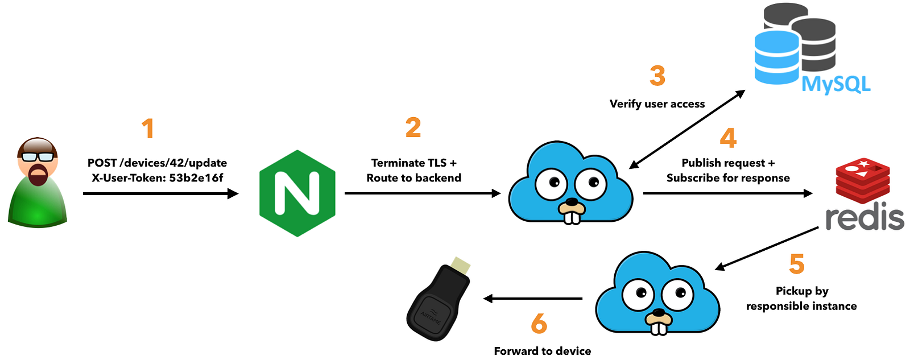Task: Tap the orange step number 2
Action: (x=413, y=127)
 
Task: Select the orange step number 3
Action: (x=657, y=76)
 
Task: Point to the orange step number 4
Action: (x=728, y=139)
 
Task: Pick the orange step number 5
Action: (x=797, y=264)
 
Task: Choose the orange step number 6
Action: (x=539, y=324)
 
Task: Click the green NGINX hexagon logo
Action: (x=297, y=193)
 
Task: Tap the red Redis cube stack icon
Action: (x=863, y=180)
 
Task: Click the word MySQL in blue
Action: (x=836, y=84)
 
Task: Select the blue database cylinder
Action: (x=777, y=57)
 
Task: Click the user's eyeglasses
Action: (x=38, y=156)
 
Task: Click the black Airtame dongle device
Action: (x=438, y=300)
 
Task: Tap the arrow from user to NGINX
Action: (x=161, y=193)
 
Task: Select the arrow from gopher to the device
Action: (x=532, y=299)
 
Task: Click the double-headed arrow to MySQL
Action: (x=687, y=129)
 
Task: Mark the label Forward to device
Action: (x=543, y=351)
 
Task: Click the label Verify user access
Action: (x=657, y=104)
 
